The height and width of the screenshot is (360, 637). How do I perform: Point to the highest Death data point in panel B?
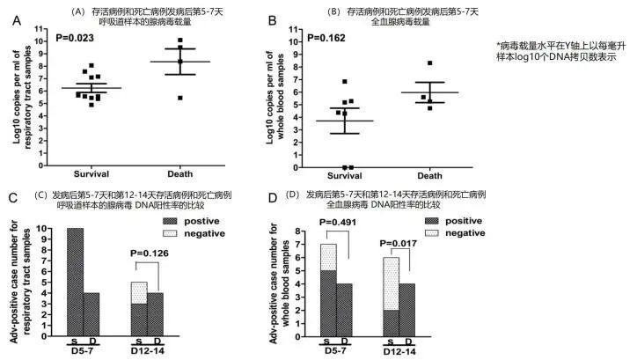point(430,63)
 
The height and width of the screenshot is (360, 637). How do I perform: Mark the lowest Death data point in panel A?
point(180,97)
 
